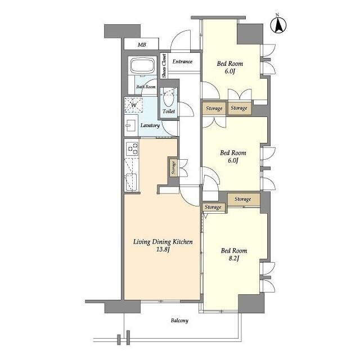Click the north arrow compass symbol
[x=278, y=25]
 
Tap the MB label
[x=142, y=45]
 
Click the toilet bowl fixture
[x=169, y=98]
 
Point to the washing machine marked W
[x=133, y=105]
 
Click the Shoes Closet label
[x=164, y=66]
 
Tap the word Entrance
[x=182, y=61]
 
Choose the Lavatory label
[x=150, y=125]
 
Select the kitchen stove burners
[x=132, y=148]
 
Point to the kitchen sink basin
[x=131, y=182]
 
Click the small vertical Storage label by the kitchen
[x=174, y=167]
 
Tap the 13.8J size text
[x=163, y=250]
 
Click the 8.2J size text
[x=234, y=259]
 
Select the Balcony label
[x=179, y=321]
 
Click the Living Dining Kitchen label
[x=163, y=242]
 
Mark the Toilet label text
[x=169, y=111]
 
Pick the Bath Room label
[x=146, y=87]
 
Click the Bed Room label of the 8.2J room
[x=234, y=251]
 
